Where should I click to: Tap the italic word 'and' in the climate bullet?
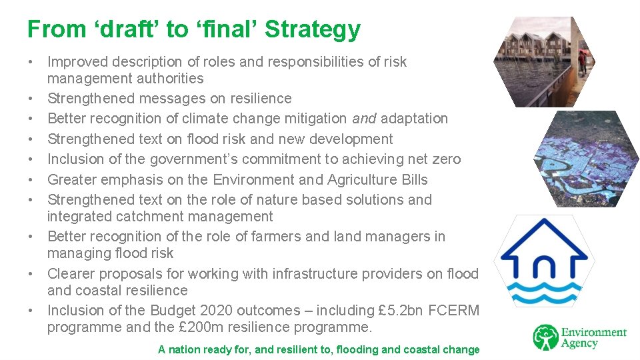[x=364, y=119]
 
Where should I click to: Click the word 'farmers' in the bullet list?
[x=274, y=237]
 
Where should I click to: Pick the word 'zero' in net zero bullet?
[x=446, y=159]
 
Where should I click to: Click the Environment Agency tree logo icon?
[x=545, y=337]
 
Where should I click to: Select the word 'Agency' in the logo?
[x=579, y=344]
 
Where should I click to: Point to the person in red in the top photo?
[x=581, y=61]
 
